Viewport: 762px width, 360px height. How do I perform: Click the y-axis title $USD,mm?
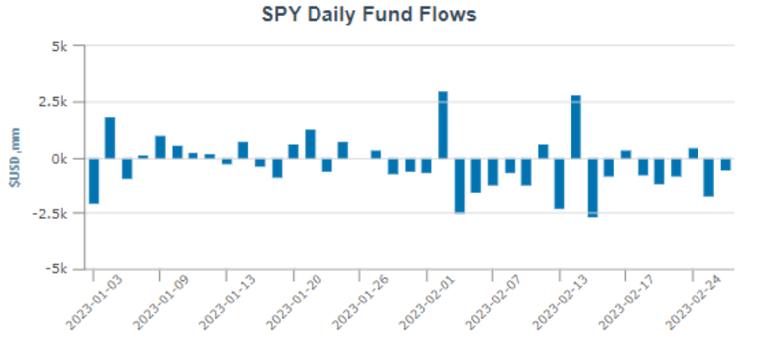tap(14, 158)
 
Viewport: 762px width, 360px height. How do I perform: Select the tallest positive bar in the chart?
tap(443, 125)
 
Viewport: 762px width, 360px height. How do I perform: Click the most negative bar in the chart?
tap(592, 186)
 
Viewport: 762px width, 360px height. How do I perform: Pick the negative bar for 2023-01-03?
tap(93, 180)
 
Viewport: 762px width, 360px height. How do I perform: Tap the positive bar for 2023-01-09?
tap(160, 147)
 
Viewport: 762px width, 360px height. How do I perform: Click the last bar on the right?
tap(725, 164)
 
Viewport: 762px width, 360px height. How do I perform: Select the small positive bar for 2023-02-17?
tap(626, 154)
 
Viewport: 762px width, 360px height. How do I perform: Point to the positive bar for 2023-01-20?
tap(310, 144)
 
